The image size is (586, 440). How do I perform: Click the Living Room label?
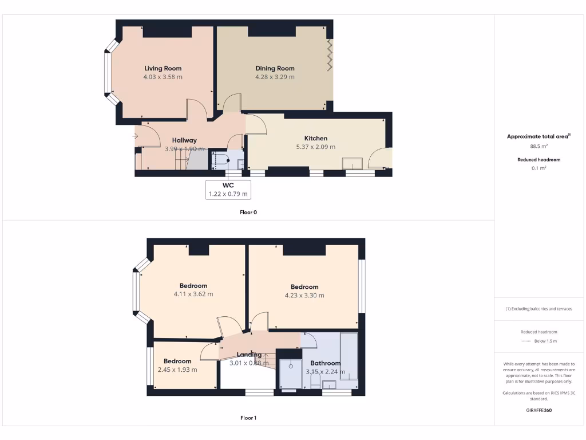click(163, 68)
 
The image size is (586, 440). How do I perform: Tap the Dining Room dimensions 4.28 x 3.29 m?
click(275, 77)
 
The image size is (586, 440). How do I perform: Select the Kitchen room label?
click(315, 138)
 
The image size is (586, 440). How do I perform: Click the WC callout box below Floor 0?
click(228, 189)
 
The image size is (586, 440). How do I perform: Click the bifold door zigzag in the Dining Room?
click(329, 55)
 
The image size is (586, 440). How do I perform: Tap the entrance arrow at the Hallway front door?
click(135, 136)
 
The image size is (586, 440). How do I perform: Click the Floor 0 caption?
click(248, 212)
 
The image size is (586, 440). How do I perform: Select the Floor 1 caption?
click(248, 418)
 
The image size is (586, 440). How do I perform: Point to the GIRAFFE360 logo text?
click(539, 410)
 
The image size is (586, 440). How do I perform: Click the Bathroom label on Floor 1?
click(325, 363)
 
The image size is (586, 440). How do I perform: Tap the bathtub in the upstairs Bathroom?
click(349, 355)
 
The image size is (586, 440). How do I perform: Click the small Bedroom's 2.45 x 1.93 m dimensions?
click(177, 370)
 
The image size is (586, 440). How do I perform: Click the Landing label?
click(249, 355)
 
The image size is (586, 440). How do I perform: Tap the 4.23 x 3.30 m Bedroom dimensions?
click(304, 296)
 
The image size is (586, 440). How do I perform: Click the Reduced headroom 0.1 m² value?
click(539, 168)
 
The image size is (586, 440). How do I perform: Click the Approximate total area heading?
click(539, 136)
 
